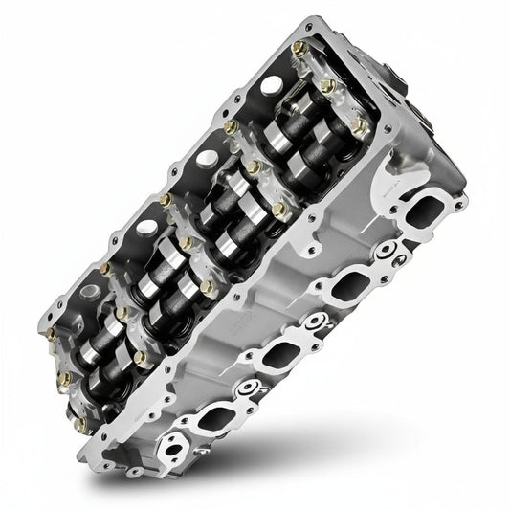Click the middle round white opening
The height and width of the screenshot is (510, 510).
tap(147, 228)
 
